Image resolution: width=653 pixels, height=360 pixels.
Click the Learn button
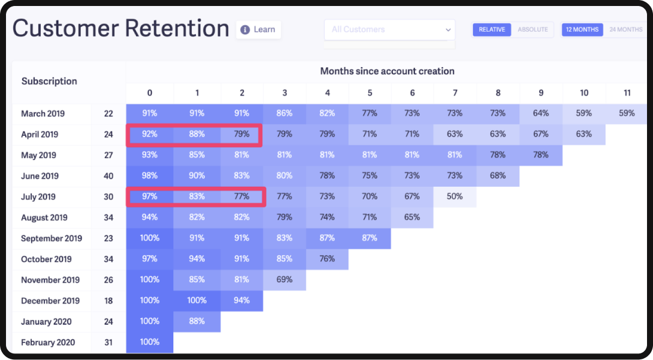point(258,29)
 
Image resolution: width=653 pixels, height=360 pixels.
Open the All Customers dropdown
point(389,29)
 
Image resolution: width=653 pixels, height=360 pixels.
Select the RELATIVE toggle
point(492,29)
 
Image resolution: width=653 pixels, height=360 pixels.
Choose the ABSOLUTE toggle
point(533,29)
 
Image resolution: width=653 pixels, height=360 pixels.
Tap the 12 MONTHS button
point(582,29)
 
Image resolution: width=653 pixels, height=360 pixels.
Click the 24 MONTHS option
point(625,29)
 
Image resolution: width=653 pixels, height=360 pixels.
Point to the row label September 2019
point(52,238)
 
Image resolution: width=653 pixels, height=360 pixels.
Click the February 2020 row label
point(47,342)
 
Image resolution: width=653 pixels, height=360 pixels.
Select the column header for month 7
point(455,93)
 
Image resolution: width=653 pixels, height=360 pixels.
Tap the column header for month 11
point(627,93)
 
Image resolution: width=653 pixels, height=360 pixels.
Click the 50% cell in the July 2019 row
point(455,196)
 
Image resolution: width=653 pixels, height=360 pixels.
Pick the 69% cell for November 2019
point(285,280)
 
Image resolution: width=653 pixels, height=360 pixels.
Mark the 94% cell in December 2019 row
point(241,301)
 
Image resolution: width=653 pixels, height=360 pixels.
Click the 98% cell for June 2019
point(150,176)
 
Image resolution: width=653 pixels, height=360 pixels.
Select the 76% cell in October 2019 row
point(327,259)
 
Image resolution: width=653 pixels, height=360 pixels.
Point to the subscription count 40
point(108,176)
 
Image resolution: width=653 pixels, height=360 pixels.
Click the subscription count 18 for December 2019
point(108,301)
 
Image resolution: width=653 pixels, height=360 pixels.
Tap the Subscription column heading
point(49,81)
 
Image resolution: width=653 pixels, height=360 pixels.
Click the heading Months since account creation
point(387,71)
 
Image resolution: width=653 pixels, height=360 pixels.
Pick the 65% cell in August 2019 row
point(412,217)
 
